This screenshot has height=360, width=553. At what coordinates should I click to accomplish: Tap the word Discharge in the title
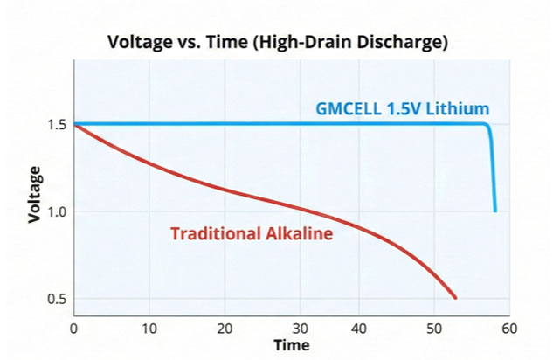(403, 42)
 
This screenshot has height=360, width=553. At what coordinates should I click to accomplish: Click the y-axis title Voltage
(35, 195)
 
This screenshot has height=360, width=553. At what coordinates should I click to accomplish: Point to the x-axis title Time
(292, 345)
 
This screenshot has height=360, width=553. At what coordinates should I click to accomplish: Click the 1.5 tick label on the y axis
(57, 125)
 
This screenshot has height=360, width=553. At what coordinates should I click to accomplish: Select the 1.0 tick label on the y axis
(57, 212)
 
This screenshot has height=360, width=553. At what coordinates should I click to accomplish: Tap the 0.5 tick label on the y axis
(57, 299)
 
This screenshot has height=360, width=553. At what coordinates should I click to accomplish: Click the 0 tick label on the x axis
(73, 329)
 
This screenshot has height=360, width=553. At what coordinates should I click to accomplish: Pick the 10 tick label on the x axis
(149, 329)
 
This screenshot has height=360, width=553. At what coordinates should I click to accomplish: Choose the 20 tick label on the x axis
(225, 329)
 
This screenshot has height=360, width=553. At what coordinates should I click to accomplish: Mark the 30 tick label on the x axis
(301, 329)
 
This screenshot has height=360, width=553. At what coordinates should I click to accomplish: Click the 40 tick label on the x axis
(359, 329)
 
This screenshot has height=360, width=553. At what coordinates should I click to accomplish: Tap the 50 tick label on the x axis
(434, 329)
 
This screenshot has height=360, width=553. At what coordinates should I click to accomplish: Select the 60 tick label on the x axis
(509, 329)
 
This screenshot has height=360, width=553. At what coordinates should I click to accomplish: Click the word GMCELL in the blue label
(349, 108)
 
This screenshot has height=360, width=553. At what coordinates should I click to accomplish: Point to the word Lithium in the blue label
(458, 108)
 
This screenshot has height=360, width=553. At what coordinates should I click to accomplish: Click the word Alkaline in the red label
(299, 233)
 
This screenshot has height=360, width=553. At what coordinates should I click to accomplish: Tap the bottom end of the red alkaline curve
(455, 298)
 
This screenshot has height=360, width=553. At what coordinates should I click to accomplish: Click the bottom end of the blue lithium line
(495, 211)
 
